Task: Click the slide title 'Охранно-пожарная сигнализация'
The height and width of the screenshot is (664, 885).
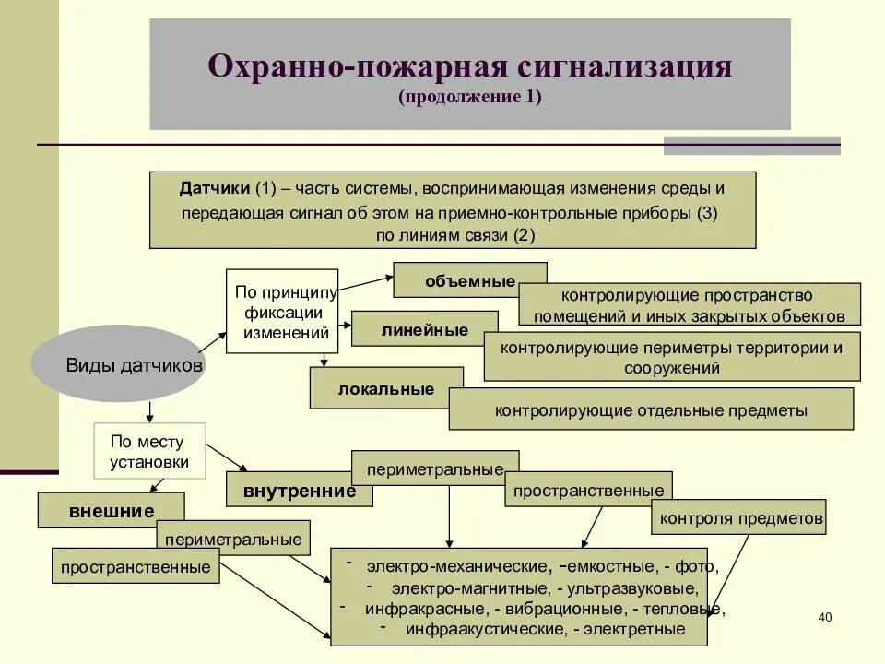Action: [470, 68]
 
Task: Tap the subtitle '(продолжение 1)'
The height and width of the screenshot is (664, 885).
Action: [470, 97]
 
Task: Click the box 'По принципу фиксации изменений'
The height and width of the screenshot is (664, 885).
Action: [283, 312]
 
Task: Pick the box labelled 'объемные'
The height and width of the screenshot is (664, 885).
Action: [469, 280]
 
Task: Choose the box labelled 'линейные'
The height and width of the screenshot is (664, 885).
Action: [423, 329]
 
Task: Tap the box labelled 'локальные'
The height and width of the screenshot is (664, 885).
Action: [385, 388]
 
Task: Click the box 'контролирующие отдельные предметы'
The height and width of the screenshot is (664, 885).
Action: [651, 409]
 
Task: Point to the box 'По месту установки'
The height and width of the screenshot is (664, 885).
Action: [149, 452]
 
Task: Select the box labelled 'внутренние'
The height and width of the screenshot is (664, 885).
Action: [299, 491]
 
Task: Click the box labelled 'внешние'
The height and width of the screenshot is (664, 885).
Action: [111, 510]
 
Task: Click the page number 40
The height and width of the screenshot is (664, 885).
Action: [824, 617]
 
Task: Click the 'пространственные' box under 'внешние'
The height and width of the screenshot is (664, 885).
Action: [136, 566]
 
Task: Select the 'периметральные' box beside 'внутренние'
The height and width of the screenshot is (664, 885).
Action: [435, 468]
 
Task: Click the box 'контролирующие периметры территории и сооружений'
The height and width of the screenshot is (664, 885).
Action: [671, 358]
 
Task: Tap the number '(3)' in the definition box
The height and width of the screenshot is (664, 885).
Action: [707, 212]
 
